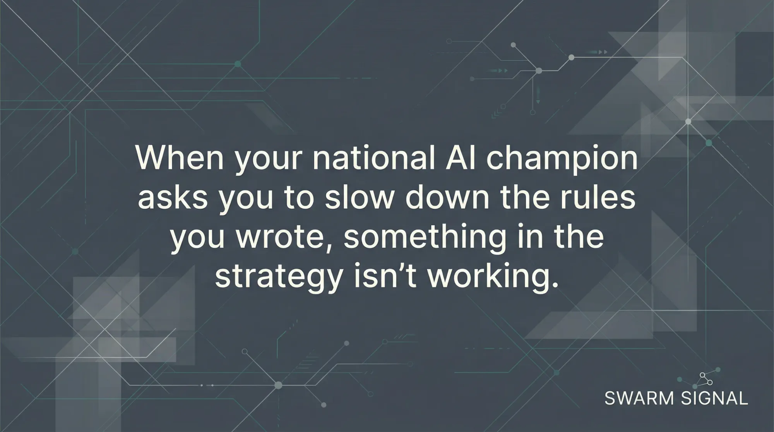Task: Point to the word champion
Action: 562,159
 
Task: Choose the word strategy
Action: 279,277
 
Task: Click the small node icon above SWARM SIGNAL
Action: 706,379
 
